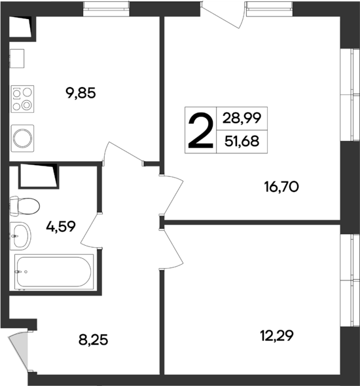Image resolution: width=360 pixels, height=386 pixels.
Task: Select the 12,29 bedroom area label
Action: pos(277,336)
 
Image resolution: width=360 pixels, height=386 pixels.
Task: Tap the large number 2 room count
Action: pos(200,130)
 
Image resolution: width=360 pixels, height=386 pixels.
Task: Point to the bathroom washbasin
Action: pos(21,235)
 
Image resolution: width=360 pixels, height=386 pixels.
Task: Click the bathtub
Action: pos(54,271)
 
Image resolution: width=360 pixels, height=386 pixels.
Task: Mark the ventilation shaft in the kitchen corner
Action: pos(22,26)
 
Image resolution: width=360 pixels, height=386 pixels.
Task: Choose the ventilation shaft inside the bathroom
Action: pos(39,175)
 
